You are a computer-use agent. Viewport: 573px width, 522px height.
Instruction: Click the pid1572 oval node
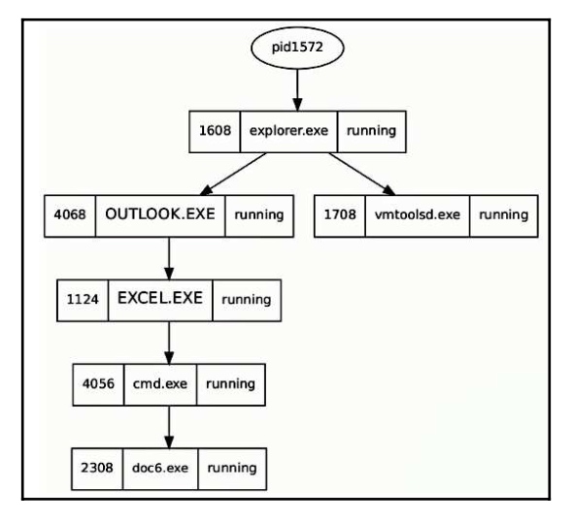point(297,48)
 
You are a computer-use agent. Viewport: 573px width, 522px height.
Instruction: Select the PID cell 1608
point(215,131)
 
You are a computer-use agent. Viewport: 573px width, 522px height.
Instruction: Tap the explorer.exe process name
point(288,131)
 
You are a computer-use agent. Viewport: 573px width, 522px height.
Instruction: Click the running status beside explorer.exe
point(372,131)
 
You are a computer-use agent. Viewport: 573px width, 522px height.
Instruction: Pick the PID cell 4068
point(70,215)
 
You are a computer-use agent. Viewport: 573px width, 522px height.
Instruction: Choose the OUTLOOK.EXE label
point(160,214)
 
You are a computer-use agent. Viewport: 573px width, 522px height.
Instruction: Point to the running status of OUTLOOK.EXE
point(259,215)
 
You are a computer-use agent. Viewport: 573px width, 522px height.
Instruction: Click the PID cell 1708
point(340,215)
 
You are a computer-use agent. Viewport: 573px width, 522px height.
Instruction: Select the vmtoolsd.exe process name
point(418,215)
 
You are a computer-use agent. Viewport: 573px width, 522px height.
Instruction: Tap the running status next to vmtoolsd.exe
point(504,215)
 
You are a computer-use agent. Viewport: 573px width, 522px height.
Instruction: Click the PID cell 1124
point(83,301)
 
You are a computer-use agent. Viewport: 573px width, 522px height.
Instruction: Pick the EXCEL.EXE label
point(160,298)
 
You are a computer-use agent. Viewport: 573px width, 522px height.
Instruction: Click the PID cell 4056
point(98,384)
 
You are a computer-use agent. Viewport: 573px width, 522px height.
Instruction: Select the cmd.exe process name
point(160,384)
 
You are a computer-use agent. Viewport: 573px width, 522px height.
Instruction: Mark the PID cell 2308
point(97,469)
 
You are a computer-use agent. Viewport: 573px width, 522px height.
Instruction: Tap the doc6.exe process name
point(160,469)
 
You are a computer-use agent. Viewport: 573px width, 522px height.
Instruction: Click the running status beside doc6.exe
point(232,469)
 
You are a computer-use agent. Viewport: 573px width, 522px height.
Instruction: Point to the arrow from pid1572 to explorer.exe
point(297,90)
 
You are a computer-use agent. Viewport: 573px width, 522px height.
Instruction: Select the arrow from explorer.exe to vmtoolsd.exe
point(362,174)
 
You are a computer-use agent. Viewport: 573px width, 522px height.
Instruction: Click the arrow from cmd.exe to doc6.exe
point(169,427)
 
